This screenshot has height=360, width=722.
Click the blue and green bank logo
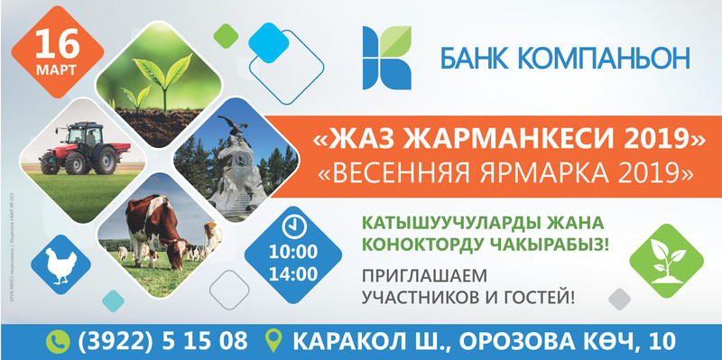387,57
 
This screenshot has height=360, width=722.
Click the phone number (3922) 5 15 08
163,341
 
